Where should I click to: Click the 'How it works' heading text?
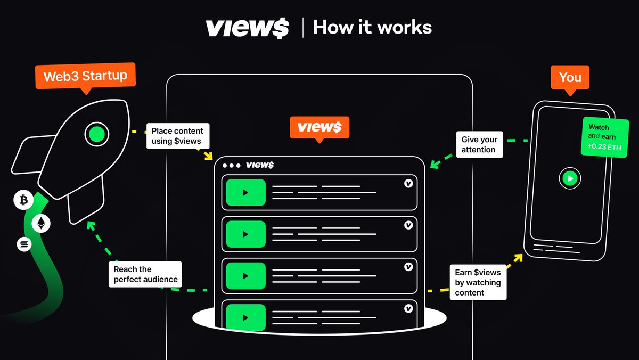(372, 27)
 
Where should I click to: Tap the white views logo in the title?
(247, 28)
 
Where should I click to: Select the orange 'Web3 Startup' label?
(85, 76)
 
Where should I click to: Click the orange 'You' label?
(570, 77)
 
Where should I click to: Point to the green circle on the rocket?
(96, 134)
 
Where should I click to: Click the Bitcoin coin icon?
(23, 201)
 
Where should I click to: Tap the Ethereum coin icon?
(41, 224)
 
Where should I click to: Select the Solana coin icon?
(24, 244)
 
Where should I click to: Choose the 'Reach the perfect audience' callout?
(145, 274)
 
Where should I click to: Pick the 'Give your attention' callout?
(478, 144)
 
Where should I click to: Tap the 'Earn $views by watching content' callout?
(478, 282)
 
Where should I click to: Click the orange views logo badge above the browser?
(319, 128)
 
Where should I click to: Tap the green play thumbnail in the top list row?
(245, 192)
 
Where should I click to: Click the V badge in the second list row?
(408, 225)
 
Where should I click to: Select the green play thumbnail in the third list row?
(245, 275)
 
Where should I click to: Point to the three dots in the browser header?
(231, 165)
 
